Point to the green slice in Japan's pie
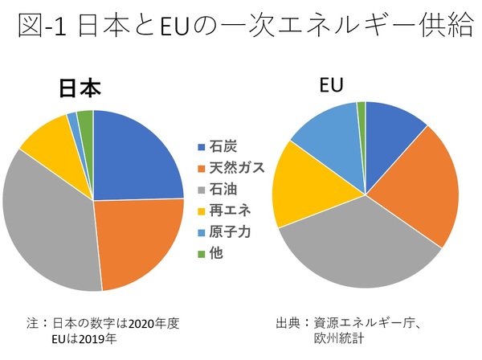pos(85,119)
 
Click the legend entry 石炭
pos(222,146)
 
